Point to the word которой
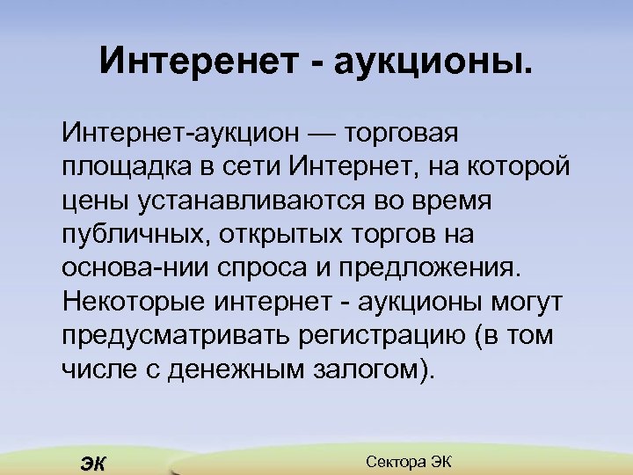[519, 167]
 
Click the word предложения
[440, 267]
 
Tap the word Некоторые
[131, 302]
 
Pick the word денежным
[228, 369]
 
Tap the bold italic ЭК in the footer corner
[91, 464]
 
